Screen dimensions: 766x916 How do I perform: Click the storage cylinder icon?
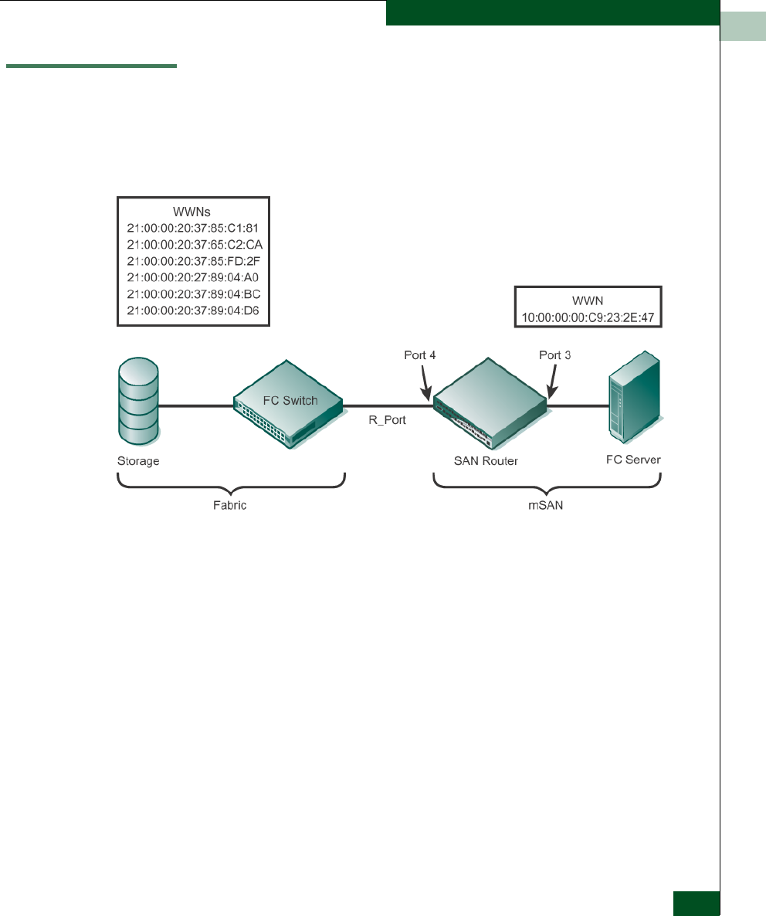(x=138, y=402)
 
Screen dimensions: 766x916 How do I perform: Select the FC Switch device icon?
(x=288, y=404)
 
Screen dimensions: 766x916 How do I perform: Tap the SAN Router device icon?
(x=490, y=404)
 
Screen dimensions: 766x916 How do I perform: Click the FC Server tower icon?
(x=635, y=397)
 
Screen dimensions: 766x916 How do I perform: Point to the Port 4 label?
(x=420, y=355)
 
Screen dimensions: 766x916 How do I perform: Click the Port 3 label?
(x=554, y=355)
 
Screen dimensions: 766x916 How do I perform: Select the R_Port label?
(x=387, y=420)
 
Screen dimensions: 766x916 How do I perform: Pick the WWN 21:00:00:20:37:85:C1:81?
(x=193, y=229)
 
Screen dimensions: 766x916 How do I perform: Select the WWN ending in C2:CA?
(x=195, y=245)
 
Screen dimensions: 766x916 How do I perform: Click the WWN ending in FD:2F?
(x=193, y=261)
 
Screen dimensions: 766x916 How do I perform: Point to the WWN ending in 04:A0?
(x=193, y=277)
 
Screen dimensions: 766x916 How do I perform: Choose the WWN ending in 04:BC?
(x=193, y=293)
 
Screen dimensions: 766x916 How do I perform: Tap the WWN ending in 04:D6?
(x=193, y=310)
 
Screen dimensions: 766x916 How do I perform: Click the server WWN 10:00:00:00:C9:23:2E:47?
(x=588, y=317)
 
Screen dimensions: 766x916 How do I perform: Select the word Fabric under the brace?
(x=229, y=505)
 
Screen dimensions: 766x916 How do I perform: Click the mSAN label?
(x=546, y=505)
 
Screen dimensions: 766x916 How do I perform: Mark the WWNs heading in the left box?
(x=191, y=212)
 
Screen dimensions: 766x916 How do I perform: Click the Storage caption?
(x=138, y=461)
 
